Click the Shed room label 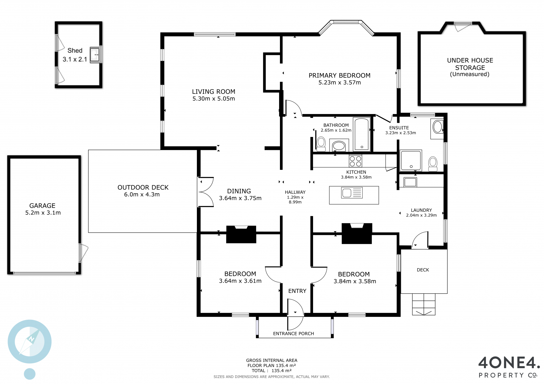(75, 51)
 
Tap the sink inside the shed (95, 55)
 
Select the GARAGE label (42, 206)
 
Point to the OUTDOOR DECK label (143, 188)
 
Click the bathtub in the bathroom (362, 134)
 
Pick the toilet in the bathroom (321, 144)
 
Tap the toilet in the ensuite (433, 164)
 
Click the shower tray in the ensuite (411, 160)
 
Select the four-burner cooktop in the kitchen (356, 161)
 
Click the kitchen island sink (352, 193)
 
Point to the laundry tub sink (410, 182)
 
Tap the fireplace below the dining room (241, 234)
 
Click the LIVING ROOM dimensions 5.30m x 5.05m (214, 99)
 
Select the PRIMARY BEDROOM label (339, 76)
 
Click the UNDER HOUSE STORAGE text (470, 64)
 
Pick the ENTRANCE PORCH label (294, 334)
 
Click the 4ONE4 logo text (509, 363)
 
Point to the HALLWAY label (295, 192)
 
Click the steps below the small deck (424, 304)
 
